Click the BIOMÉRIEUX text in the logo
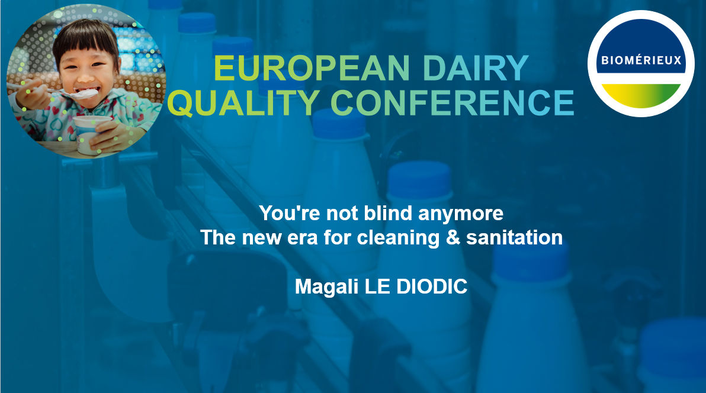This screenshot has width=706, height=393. pyautogui.click(x=641, y=60)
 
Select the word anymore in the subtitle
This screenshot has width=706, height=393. pyautogui.click(x=466, y=213)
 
